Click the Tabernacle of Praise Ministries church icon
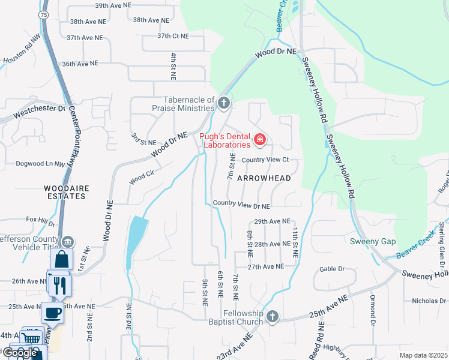(x=224, y=103)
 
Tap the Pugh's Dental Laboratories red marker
(x=260, y=140)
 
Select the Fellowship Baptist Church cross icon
(x=273, y=316)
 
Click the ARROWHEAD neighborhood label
(x=264, y=178)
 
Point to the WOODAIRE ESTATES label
(x=67, y=192)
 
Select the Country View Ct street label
(x=265, y=160)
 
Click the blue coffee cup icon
(x=52, y=313)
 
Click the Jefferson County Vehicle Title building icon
(x=70, y=242)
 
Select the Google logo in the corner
(x=19, y=353)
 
